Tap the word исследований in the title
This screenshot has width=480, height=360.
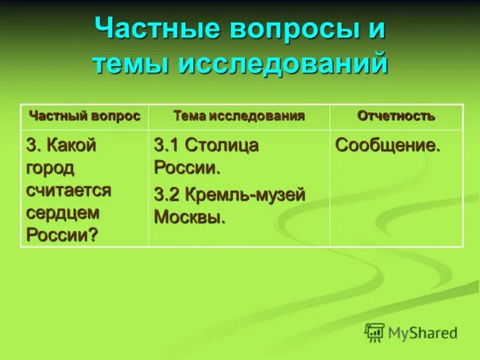tap(282, 64)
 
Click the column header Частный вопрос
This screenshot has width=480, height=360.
tap(85, 116)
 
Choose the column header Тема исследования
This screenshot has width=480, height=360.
tap(239, 116)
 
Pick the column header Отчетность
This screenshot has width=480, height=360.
tap(396, 116)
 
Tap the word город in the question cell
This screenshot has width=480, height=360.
tap(50, 168)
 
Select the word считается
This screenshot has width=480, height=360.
tap(68, 190)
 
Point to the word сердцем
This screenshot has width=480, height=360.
tap(62, 212)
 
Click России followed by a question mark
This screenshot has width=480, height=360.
tap(61, 235)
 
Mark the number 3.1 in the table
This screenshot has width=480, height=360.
tap(167, 145)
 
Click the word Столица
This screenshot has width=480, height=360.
tap(221, 145)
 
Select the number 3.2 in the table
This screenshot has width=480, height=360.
tap(167, 194)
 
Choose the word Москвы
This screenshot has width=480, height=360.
tap(190, 217)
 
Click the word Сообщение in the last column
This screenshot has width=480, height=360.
tap(387, 145)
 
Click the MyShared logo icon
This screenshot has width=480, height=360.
tap(374, 332)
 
